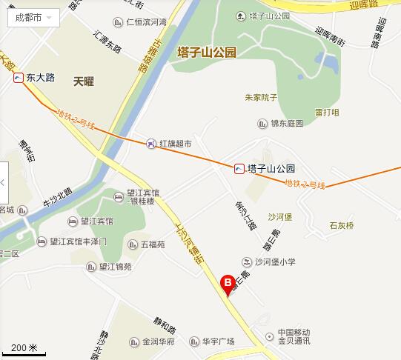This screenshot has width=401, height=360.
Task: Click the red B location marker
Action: point(228,282)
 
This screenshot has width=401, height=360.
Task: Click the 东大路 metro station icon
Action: point(17,76)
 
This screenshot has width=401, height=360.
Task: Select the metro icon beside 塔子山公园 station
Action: point(239,168)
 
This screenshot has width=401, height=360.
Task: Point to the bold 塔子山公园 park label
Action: point(207,53)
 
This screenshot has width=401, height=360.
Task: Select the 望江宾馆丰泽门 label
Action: point(78,241)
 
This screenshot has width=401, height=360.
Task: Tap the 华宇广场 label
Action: point(218,341)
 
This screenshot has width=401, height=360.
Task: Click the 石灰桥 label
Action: point(342,224)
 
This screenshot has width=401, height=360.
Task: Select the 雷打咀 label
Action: point(327,113)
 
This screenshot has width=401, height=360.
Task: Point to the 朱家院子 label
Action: point(260,97)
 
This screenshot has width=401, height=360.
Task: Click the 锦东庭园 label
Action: point(286,124)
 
